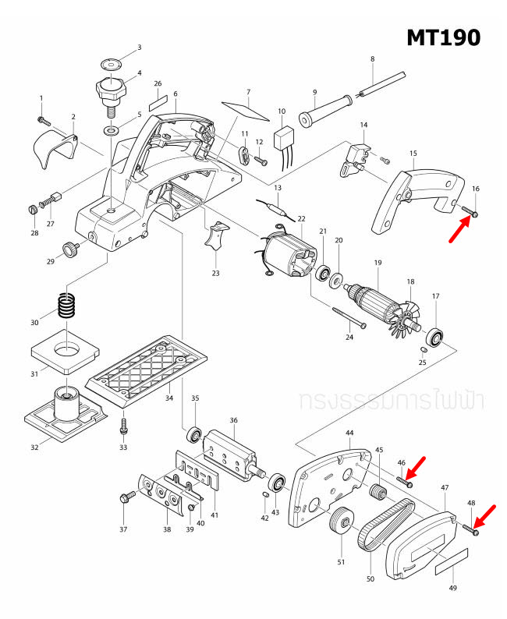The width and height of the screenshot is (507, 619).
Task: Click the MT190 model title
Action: click(x=442, y=37)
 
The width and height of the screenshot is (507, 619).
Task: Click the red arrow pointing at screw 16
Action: click(x=459, y=230)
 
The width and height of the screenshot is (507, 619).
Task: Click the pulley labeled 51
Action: click(x=339, y=521)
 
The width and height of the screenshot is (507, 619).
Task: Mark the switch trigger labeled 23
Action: click(x=216, y=237)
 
